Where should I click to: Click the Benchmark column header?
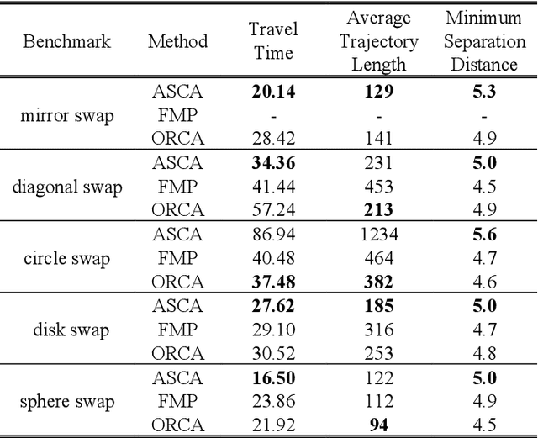[66, 41]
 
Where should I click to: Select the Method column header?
[177, 41]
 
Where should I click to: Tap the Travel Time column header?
[273, 41]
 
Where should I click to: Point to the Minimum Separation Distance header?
[483, 41]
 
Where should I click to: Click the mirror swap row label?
[66, 115]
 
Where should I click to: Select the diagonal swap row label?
[66, 187]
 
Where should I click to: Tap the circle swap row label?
[66, 258]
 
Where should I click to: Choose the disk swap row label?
[66, 330]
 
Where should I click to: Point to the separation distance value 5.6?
[484, 235]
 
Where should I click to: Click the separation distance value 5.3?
[484, 92]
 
